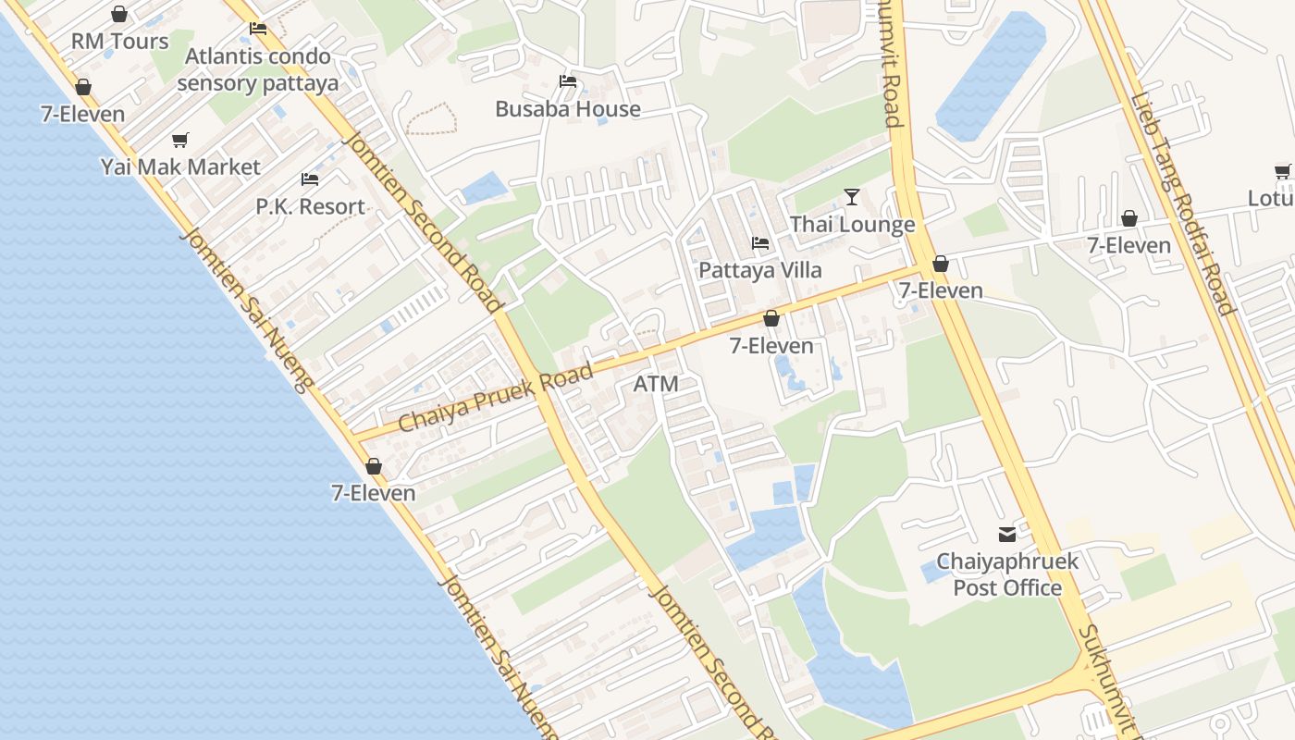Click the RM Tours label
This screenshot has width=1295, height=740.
point(120,42)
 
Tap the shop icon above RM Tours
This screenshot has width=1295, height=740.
point(119,14)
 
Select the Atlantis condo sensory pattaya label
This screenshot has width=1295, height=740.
point(257,69)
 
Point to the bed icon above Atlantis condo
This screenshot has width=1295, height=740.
point(258,29)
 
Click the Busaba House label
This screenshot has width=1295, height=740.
point(568,109)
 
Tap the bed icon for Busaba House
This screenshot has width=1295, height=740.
point(568,81)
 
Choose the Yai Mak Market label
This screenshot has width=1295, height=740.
point(181,167)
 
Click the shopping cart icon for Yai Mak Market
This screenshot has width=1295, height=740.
point(180,141)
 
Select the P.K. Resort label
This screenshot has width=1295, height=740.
point(311,206)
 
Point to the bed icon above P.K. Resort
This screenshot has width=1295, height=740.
point(310,179)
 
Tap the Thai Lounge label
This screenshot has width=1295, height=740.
point(852,225)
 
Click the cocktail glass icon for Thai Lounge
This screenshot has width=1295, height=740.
point(852,197)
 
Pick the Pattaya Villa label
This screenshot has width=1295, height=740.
point(760,271)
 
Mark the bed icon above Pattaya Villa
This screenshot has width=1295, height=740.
point(760,243)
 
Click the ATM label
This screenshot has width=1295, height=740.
point(656,384)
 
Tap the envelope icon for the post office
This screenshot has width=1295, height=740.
point(1007,534)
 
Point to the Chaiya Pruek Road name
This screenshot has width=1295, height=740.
point(495,398)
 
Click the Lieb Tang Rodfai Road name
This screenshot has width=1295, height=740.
point(1181,204)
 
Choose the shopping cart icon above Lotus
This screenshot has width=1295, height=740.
point(1283,171)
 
